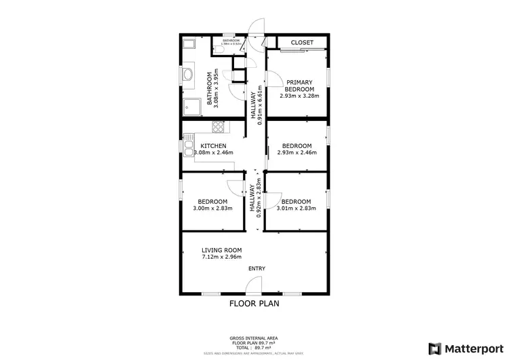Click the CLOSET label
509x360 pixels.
point(302,43)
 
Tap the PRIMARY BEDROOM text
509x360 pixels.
point(299,86)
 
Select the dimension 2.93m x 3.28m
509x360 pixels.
point(299,96)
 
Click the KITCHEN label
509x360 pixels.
point(212,146)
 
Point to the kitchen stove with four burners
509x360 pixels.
point(219,126)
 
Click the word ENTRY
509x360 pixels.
point(257,268)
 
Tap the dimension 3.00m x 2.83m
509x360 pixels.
point(212,209)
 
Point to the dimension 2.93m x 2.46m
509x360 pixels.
point(297,154)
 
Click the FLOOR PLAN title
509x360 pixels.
point(254,304)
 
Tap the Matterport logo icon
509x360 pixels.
point(432,348)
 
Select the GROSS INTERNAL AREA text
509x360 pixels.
point(254,338)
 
